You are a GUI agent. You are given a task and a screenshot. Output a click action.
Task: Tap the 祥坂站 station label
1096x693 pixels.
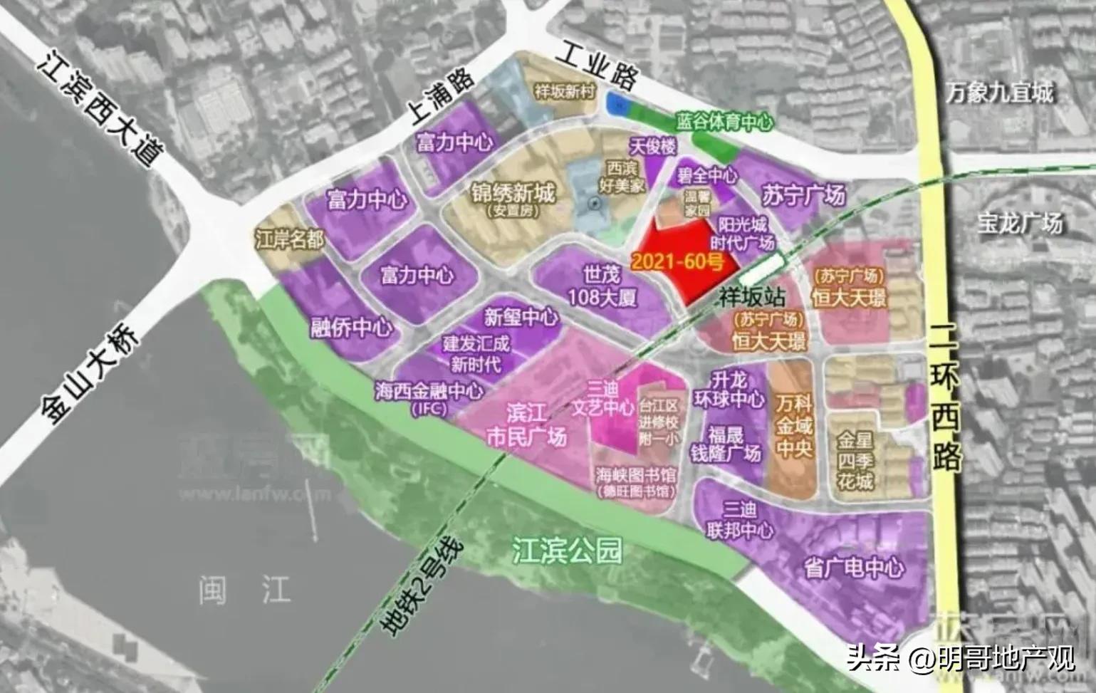coord(750,296)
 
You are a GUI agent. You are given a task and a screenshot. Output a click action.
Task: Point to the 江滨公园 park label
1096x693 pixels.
coord(568,551)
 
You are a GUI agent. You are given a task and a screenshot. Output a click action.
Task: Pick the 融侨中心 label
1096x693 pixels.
coord(351,327)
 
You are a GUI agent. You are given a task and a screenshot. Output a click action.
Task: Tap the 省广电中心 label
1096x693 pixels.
coord(853,568)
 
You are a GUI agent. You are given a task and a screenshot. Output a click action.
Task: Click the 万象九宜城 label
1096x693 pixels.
coord(1000,93)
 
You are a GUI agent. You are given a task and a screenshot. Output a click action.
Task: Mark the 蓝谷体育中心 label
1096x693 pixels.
coord(724,123)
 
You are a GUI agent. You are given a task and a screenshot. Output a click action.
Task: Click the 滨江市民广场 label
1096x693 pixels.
coord(526,425)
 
